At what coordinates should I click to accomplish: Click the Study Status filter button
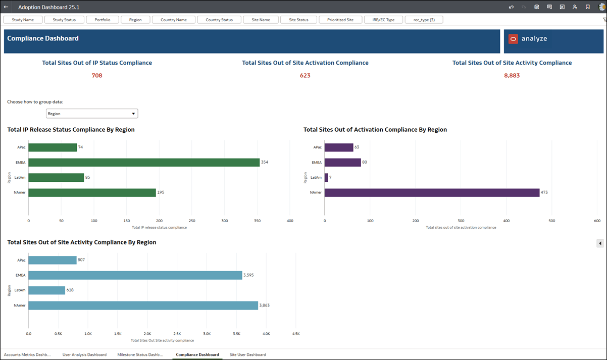pyautogui.click(x=64, y=20)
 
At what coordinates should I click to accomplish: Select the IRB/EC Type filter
pyautogui.click(x=383, y=20)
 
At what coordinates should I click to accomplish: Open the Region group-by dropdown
pyautogui.click(x=92, y=114)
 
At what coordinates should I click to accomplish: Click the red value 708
pyautogui.click(x=97, y=76)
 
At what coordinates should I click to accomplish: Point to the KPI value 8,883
pyautogui.click(x=512, y=76)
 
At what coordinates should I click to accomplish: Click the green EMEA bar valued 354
pyautogui.click(x=144, y=163)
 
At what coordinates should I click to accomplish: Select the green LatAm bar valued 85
pyautogui.click(x=56, y=178)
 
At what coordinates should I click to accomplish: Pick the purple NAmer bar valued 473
pyautogui.click(x=432, y=192)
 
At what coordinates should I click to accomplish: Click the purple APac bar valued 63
pyautogui.click(x=339, y=147)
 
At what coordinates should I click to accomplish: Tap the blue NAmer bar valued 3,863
pyautogui.click(x=143, y=305)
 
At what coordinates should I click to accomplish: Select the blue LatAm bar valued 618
pyautogui.click(x=46, y=290)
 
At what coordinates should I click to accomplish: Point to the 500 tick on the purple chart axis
pyautogui.click(x=551, y=221)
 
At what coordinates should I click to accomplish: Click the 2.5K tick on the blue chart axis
pyautogui.click(x=177, y=334)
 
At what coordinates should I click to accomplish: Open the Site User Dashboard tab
pyautogui.click(x=247, y=354)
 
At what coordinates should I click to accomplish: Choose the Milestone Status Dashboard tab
pyautogui.click(x=140, y=354)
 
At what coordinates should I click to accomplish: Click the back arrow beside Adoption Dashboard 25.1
pyautogui.click(x=6, y=7)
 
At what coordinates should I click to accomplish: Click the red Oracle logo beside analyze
pyautogui.click(x=513, y=39)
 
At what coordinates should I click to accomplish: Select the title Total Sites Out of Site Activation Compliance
pyautogui.click(x=305, y=63)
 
